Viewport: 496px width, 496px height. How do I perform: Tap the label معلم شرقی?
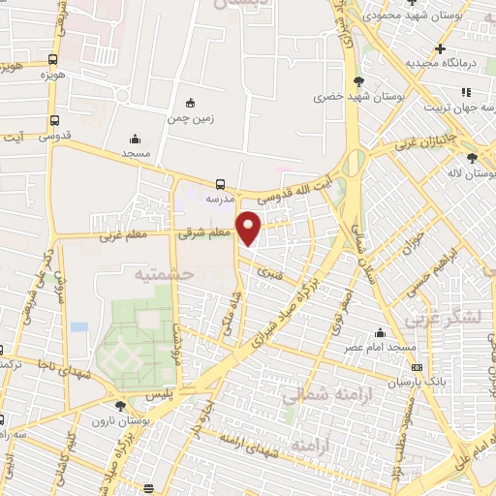204,232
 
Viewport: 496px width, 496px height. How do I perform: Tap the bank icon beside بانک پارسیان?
417,368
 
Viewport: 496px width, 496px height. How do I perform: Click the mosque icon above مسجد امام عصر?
380,332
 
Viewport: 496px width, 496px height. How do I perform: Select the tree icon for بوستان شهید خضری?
359,81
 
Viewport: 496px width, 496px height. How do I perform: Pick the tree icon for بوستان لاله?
472,158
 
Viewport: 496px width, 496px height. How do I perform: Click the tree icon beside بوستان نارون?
119,407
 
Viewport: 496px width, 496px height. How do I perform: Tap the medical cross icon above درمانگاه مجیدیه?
440,48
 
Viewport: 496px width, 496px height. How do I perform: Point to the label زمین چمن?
189,118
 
